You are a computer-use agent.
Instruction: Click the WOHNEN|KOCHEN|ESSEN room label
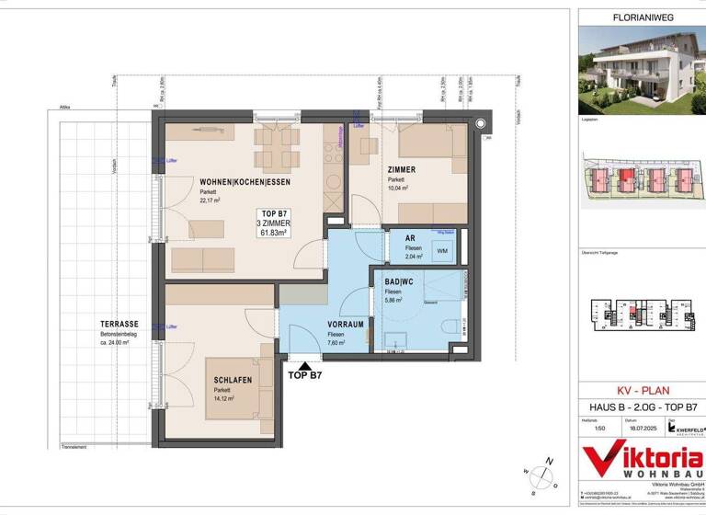coord(238,182)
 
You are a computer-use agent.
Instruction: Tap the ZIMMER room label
coord(401,169)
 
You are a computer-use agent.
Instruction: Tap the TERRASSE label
coord(120,324)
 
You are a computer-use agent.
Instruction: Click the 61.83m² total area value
coord(272,234)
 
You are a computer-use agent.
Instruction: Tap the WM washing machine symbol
coord(442,250)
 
